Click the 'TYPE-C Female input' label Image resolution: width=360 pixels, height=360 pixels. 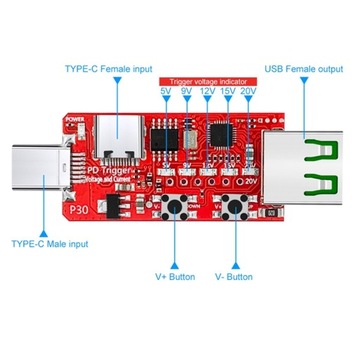(x=107, y=69)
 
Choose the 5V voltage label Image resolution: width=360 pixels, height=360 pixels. (x=165, y=92)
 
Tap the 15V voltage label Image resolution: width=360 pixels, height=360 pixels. (x=227, y=92)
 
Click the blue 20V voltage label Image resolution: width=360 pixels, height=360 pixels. (x=248, y=92)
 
